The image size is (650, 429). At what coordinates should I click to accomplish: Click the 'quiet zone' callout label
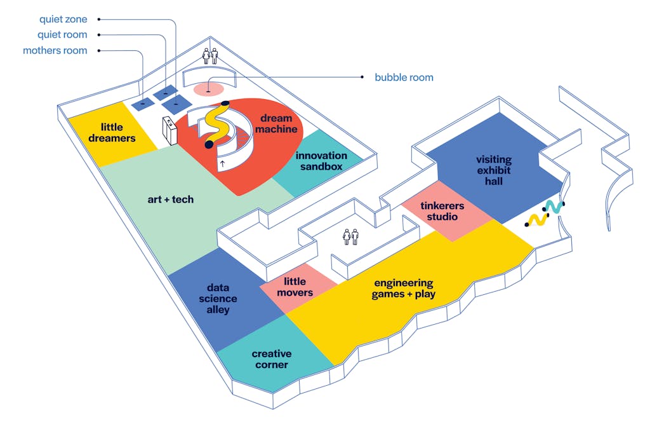click(63, 19)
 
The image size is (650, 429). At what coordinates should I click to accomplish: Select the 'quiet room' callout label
click(62, 35)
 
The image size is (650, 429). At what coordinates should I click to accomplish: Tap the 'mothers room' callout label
click(55, 50)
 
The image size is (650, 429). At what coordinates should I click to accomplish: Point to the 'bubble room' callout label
click(404, 78)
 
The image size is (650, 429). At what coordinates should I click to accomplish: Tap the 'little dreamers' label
click(112, 132)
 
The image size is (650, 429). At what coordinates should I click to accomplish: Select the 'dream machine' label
click(276, 123)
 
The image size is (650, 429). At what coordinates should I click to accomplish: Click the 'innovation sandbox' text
click(321, 161)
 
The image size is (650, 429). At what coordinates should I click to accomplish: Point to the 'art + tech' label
click(171, 200)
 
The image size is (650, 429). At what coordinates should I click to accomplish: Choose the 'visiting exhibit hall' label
click(494, 170)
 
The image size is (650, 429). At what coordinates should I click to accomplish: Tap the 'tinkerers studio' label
click(442, 212)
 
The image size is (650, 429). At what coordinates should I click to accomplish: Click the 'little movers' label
click(295, 287)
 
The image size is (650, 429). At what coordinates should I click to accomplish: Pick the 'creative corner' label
click(272, 359)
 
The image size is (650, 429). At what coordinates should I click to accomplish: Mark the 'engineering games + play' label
click(403, 288)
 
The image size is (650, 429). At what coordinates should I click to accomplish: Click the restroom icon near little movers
click(350, 237)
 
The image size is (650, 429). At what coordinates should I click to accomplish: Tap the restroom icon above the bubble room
click(209, 56)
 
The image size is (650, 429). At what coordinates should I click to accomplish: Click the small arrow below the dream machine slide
click(223, 163)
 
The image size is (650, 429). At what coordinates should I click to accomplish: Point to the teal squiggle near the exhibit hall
click(554, 207)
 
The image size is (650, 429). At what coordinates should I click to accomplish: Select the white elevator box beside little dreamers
click(169, 130)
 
